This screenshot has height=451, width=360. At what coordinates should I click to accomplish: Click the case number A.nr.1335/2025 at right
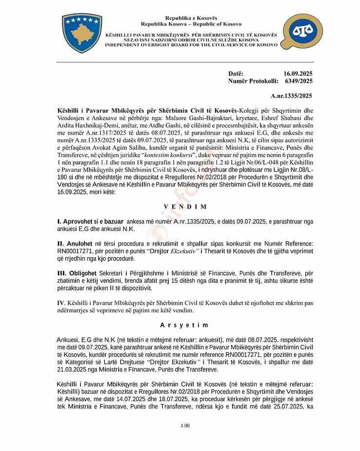tap(292, 96)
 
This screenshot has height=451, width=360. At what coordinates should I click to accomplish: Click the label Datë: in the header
tap(236, 73)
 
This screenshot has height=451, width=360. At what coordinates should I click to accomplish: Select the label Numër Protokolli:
tap(253, 81)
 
